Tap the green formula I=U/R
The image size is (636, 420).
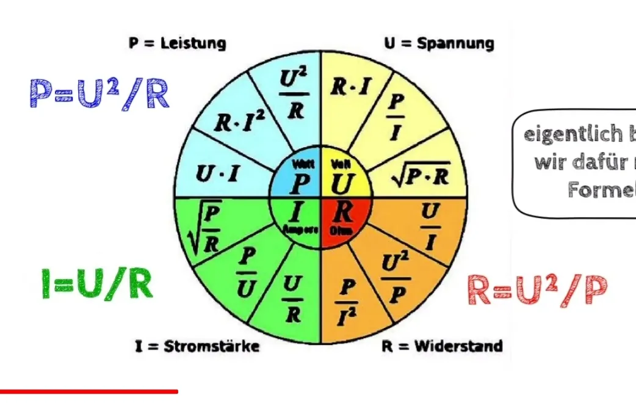point(97,284)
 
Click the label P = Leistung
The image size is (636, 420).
point(177,43)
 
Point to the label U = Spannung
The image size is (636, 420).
point(439,43)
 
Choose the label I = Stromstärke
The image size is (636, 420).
point(197,346)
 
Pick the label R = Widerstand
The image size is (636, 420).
point(443,346)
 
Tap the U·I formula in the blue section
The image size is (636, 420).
point(217,174)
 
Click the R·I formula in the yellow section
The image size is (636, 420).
point(350,87)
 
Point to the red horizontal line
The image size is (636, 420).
point(89,391)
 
